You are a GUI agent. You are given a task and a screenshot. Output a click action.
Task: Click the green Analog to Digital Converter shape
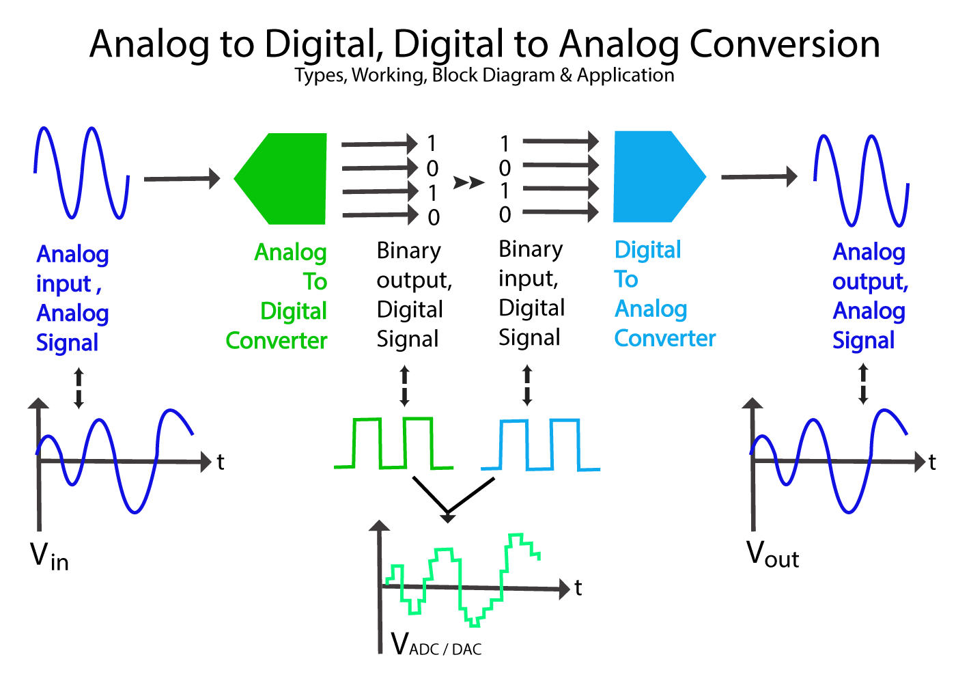[x=287, y=179]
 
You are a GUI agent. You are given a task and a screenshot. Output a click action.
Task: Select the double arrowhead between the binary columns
[x=468, y=182]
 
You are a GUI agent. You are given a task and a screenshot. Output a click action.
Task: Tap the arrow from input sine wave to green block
[x=182, y=179]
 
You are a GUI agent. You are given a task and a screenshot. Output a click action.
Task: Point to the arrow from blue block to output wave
[x=759, y=177]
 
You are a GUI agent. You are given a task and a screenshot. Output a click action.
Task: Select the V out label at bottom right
[x=772, y=555]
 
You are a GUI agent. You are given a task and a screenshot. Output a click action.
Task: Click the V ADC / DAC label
[x=436, y=644]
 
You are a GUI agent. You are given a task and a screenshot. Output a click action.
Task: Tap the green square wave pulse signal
[x=393, y=443]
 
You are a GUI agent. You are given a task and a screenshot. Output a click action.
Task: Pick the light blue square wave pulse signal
[x=540, y=445]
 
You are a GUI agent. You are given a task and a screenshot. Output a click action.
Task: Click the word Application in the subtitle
[x=625, y=75]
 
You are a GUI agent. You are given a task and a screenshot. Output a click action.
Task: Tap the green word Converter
[x=277, y=340]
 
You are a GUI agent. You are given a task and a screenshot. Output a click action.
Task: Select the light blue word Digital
[x=648, y=250]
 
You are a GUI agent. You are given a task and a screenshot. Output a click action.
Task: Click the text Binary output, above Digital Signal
[x=414, y=265]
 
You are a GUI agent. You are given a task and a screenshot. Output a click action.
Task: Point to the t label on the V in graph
[x=221, y=462]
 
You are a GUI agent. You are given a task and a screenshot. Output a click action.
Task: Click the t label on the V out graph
[x=932, y=462]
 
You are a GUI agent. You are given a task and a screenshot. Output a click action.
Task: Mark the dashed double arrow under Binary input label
[x=526, y=385]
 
